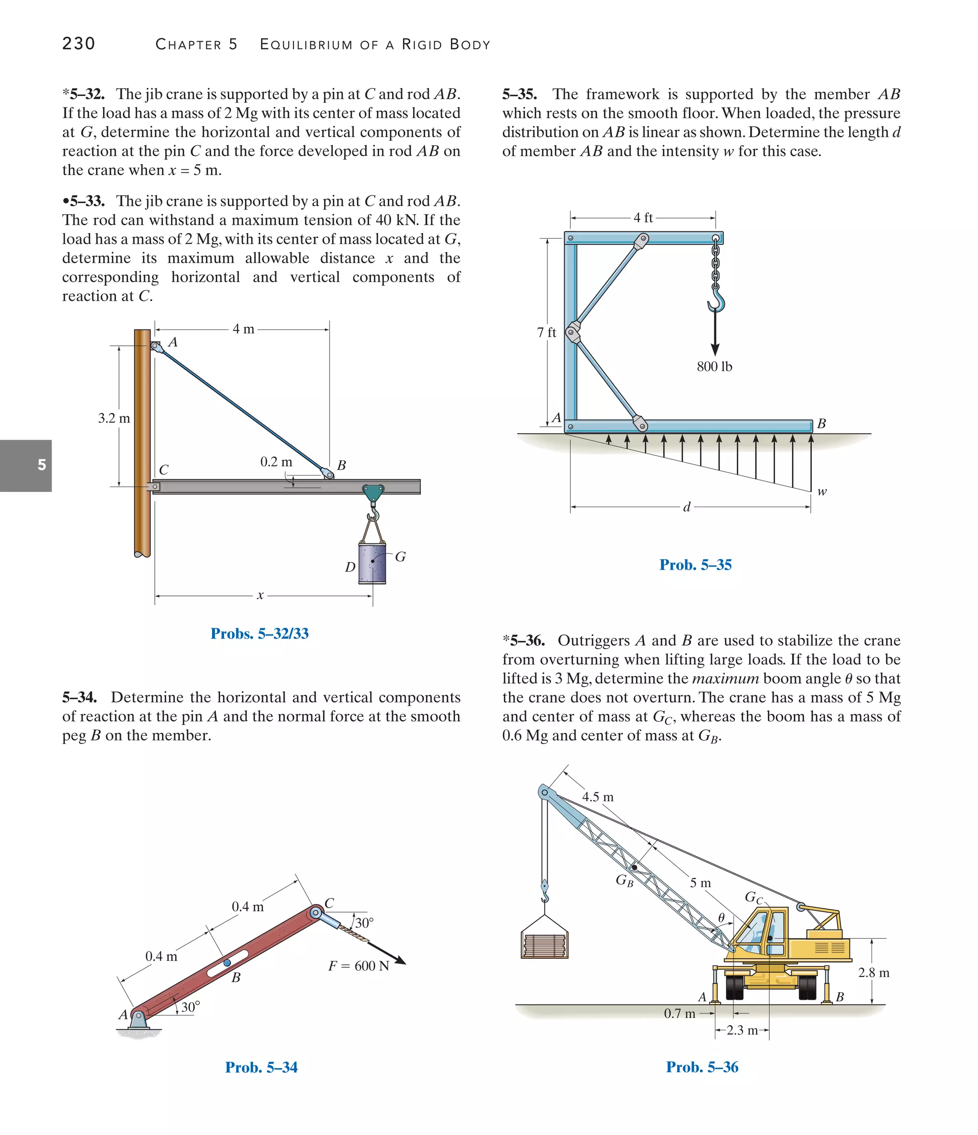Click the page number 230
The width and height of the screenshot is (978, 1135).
(x=78, y=44)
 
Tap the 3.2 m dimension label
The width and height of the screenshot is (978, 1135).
(x=114, y=418)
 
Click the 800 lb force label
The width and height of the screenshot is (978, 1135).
(x=714, y=366)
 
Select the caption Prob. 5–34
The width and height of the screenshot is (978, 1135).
(x=261, y=1067)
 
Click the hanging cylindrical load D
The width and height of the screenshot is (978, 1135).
(x=372, y=563)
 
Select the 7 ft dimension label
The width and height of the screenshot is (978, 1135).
(x=546, y=332)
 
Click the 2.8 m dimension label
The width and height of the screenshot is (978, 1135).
(x=873, y=973)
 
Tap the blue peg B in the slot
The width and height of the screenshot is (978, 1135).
(x=227, y=963)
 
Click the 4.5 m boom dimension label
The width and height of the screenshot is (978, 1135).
(x=597, y=797)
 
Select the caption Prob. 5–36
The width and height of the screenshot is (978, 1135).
(x=702, y=1067)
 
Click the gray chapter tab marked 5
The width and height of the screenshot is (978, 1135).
(x=26, y=465)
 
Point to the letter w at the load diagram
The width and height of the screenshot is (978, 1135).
(x=822, y=491)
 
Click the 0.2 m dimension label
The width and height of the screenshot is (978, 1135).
(x=276, y=462)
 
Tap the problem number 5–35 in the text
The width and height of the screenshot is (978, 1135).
(x=520, y=94)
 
